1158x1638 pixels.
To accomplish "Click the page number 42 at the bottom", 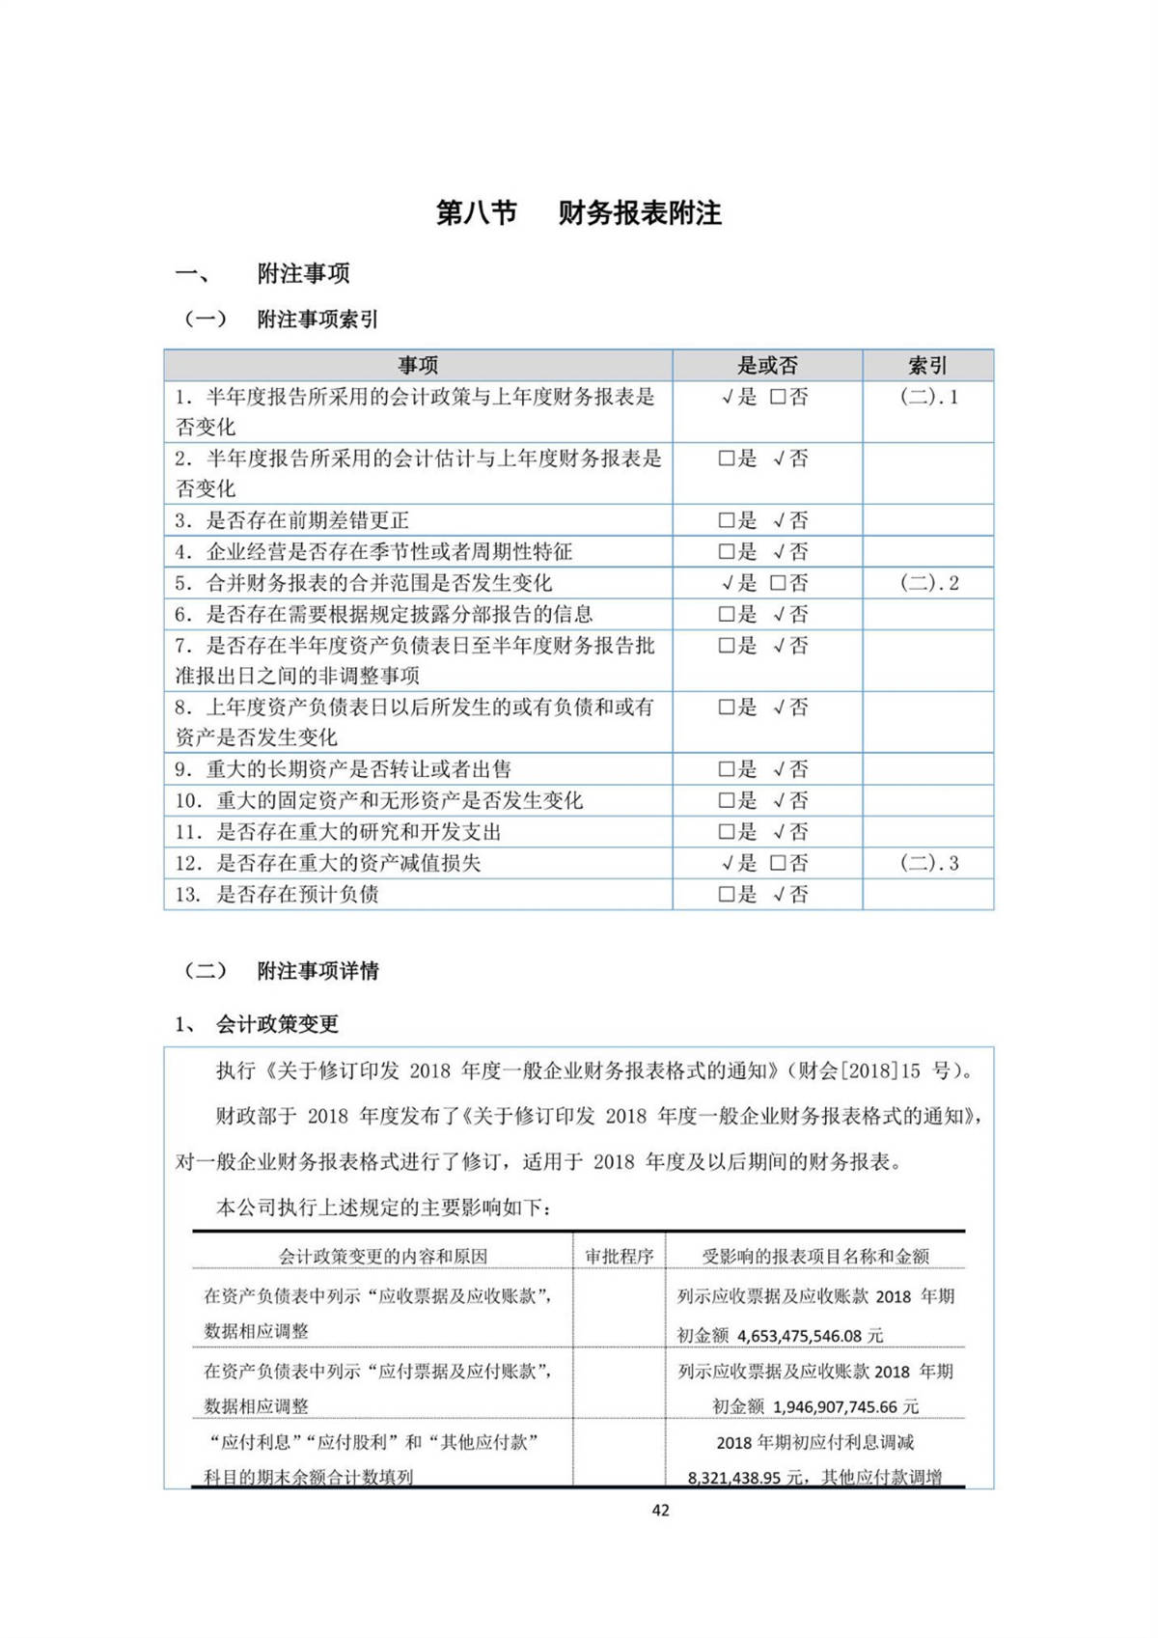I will click(660, 1510).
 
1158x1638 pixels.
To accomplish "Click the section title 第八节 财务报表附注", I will click(578, 213).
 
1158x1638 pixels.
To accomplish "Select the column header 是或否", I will click(767, 365).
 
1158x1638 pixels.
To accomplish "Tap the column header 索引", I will click(927, 365).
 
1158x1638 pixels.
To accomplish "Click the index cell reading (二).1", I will click(928, 397).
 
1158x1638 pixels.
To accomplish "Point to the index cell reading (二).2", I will click(928, 583).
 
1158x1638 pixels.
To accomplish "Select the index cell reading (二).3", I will click(928, 863).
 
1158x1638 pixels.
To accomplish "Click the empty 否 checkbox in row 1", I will click(778, 397).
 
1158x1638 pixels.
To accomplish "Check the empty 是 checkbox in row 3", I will click(727, 520).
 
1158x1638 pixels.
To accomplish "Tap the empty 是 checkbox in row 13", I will click(727, 894).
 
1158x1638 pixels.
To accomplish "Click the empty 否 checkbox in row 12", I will click(778, 863).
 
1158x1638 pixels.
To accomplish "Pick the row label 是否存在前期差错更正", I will click(307, 520).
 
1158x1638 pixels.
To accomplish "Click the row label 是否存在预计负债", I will click(297, 894).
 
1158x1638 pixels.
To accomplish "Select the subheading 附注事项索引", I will click(317, 319).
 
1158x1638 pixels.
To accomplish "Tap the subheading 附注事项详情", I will click(317, 971).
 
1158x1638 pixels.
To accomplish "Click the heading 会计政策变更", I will click(277, 1024).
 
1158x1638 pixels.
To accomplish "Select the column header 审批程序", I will click(619, 1256).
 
